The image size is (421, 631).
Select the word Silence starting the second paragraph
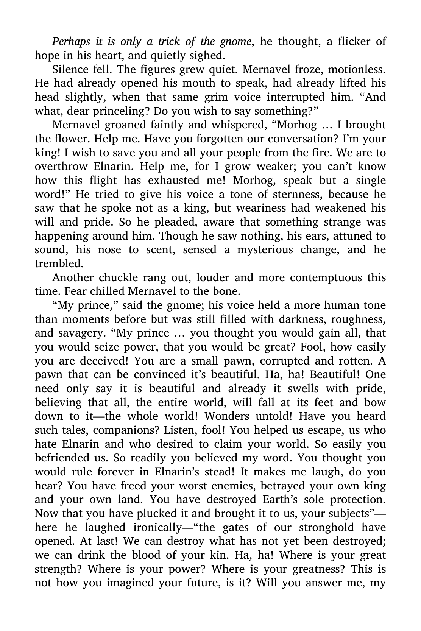(69, 70)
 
